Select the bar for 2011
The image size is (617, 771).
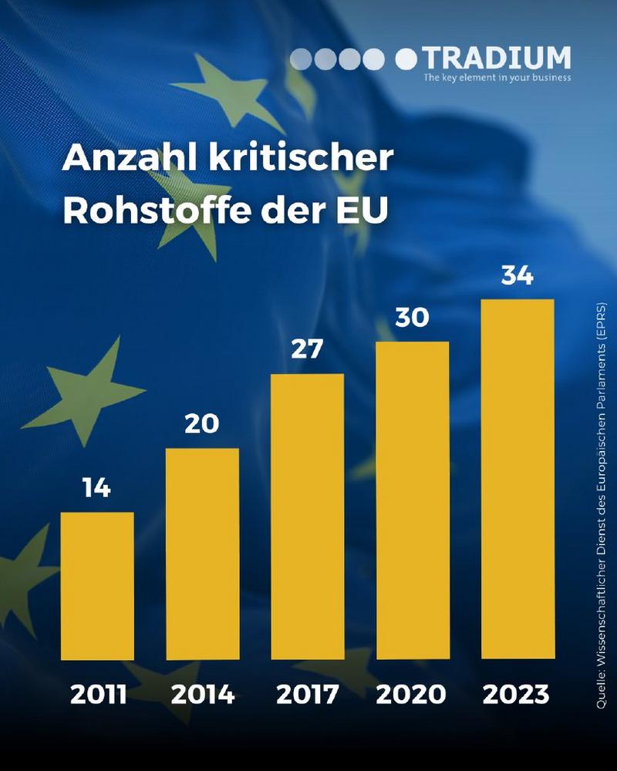pyautogui.click(x=97, y=586)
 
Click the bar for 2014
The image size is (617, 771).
pyautogui.click(x=202, y=554)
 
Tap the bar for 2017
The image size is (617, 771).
pyautogui.click(x=307, y=517)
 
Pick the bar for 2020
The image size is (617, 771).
pyautogui.click(x=412, y=500)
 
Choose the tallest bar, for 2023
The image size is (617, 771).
pyautogui.click(x=518, y=479)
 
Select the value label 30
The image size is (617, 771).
pyautogui.click(x=412, y=317)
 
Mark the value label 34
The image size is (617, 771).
pyautogui.click(x=518, y=275)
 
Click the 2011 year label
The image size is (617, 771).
pyautogui.click(x=98, y=695)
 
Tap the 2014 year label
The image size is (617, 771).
pyautogui.click(x=203, y=695)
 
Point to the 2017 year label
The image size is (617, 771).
pyautogui.click(x=307, y=695)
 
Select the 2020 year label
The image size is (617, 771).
pyautogui.click(x=411, y=695)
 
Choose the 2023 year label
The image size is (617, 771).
pyautogui.click(x=516, y=695)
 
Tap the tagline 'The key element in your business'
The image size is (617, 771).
pyautogui.click(x=497, y=77)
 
